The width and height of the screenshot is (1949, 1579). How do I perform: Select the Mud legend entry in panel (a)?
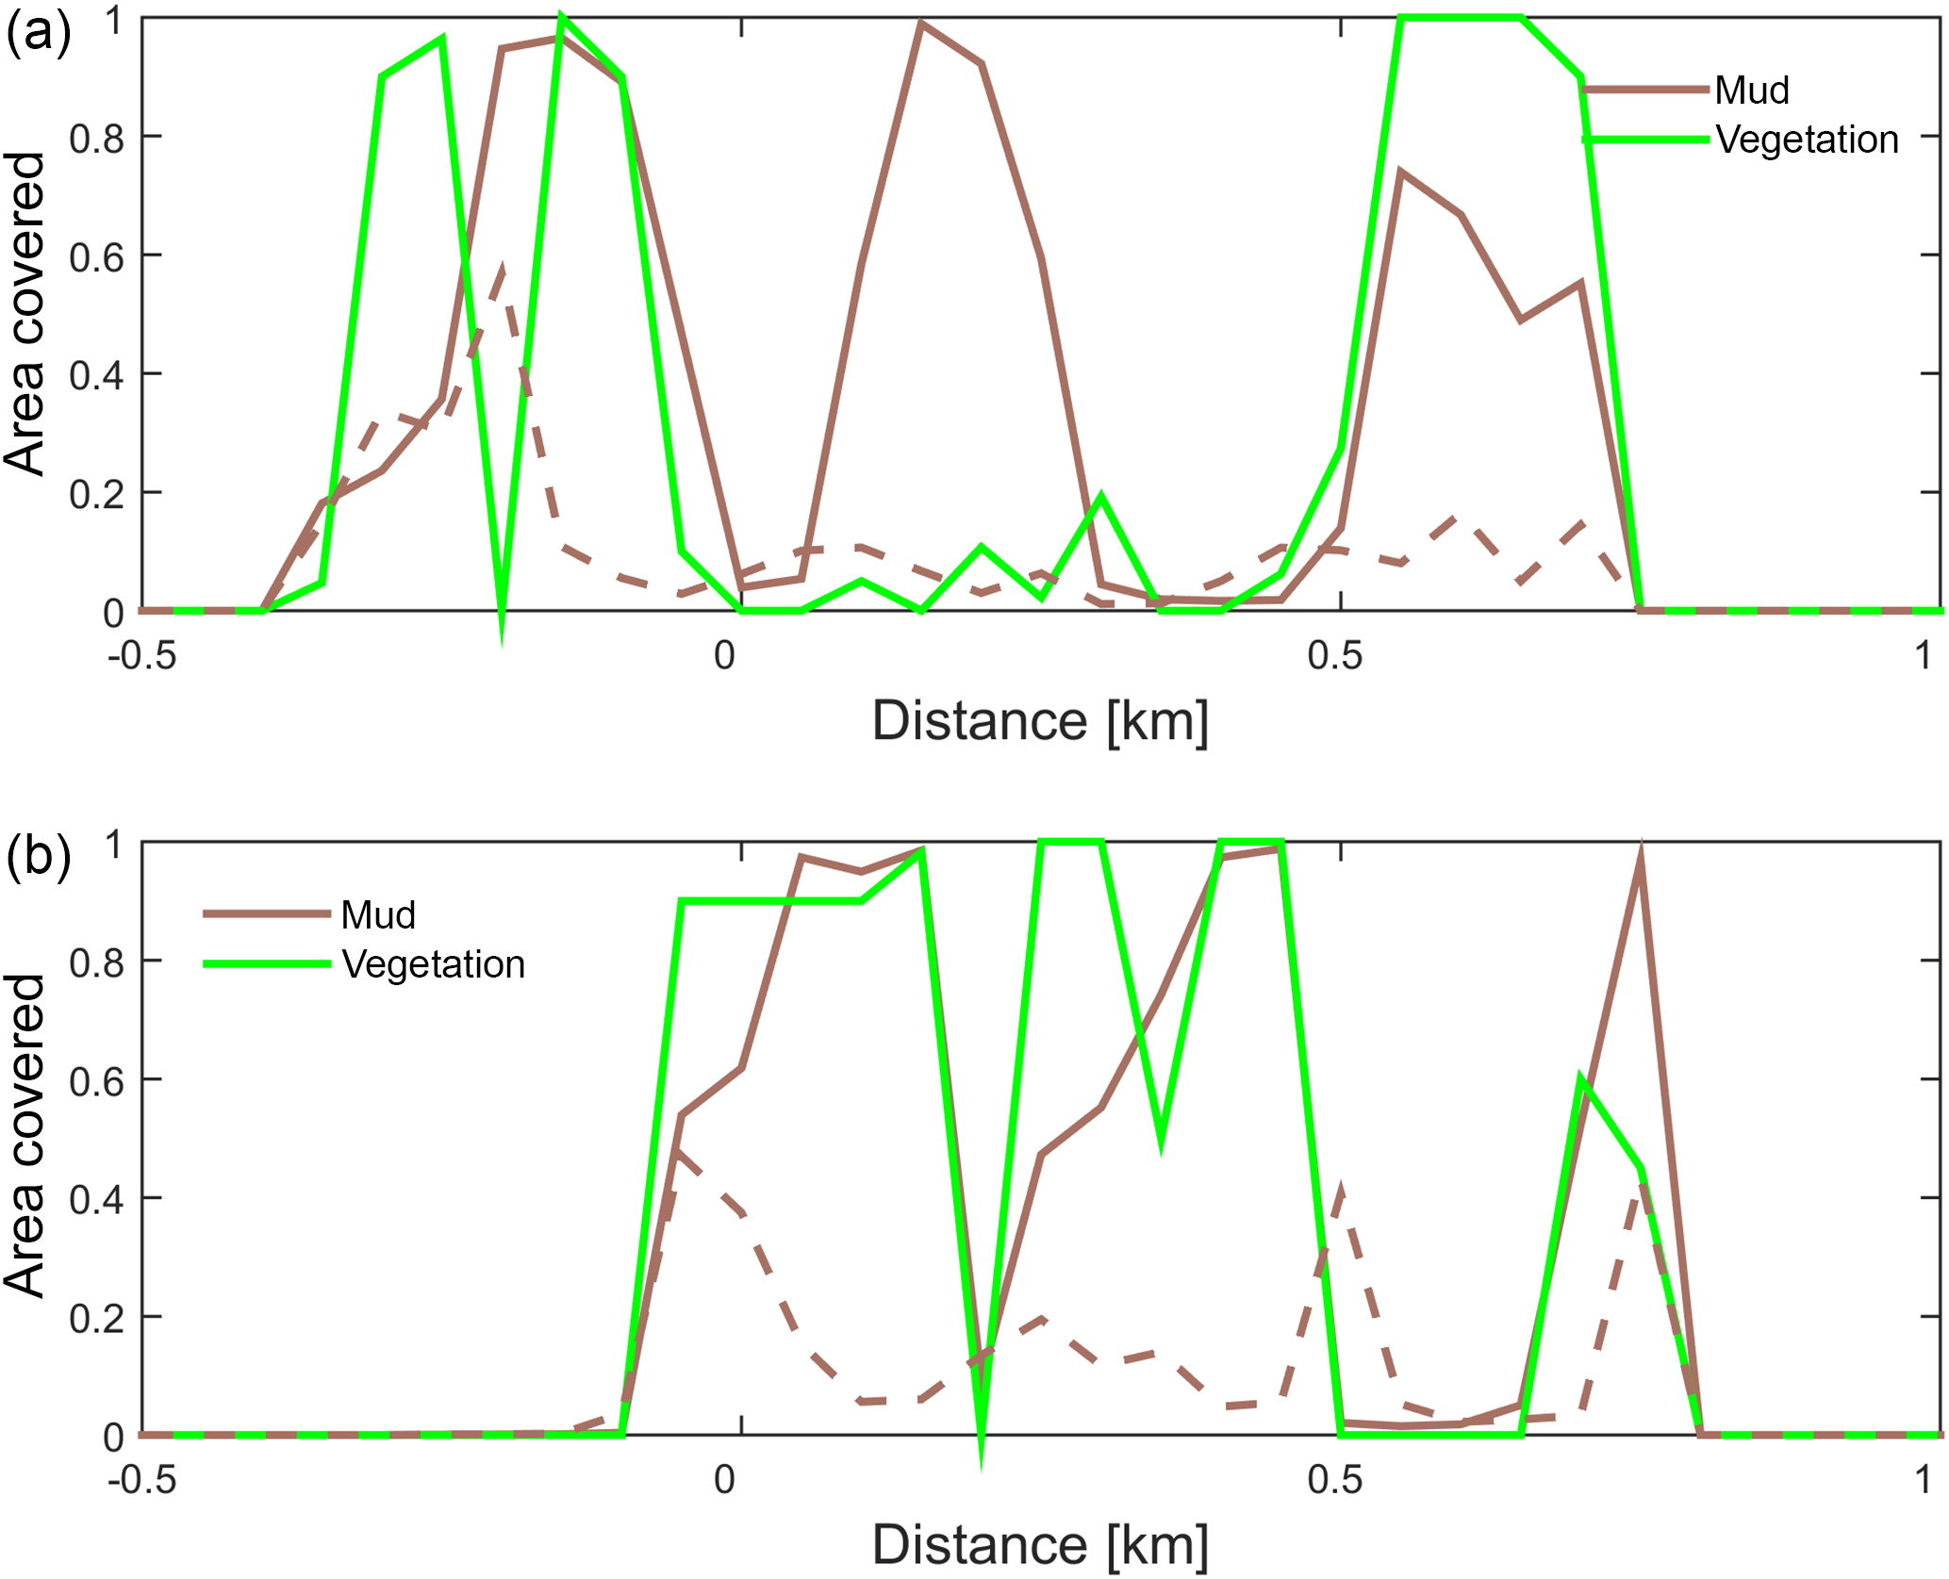pyautogui.click(x=1751, y=90)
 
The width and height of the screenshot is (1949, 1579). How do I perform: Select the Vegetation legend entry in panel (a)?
pyautogui.click(x=1806, y=140)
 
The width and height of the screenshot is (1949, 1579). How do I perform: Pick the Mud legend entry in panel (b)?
pyautogui.click(x=377, y=914)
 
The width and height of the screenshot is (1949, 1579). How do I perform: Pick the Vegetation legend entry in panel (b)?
pyautogui.click(x=433, y=964)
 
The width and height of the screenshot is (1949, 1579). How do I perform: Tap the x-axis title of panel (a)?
pyautogui.click(x=1039, y=721)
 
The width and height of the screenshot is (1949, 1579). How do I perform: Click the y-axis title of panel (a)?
pyautogui.click(x=25, y=313)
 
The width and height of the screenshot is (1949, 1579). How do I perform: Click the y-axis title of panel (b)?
pyautogui.click(x=25, y=1136)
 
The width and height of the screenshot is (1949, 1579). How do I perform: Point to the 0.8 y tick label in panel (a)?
pyautogui.click(x=96, y=139)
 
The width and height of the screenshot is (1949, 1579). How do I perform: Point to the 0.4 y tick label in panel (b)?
pyautogui.click(x=96, y=1199)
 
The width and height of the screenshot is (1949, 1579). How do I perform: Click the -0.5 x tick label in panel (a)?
pyautogui.click(x=141, y=655)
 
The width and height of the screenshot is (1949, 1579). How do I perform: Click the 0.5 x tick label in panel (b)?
pyautogui.click(x=1334, y=1479)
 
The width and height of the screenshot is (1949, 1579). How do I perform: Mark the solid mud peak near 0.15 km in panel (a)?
pyautogui.click(x=921, y=25)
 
